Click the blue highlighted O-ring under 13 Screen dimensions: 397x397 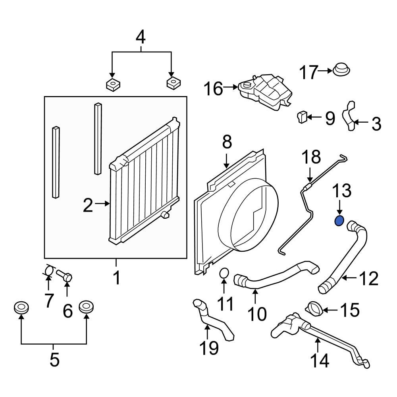339,220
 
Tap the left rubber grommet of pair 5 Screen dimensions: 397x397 21,307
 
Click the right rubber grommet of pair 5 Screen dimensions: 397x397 86,307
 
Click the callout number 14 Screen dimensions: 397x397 320,360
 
